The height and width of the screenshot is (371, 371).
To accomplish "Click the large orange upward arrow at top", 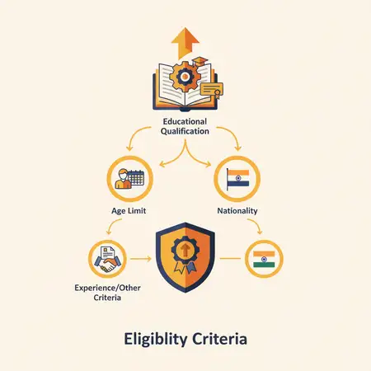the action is click(185, 43).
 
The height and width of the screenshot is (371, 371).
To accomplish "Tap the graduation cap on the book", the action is click(200, 62).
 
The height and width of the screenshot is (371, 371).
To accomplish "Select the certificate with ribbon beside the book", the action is click(212, 90).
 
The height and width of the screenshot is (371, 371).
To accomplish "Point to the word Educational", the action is click(185, 121).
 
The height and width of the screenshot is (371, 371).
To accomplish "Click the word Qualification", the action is click(185, 131).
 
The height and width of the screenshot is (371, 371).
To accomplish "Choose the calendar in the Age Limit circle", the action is click(136, 178).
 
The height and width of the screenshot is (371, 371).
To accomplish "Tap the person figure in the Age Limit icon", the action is click(123, 179).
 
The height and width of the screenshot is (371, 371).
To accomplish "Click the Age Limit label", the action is click(129, 211).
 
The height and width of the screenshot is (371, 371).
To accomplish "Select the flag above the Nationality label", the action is click(237, 179).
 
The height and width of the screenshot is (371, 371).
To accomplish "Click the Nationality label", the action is click(237, 211).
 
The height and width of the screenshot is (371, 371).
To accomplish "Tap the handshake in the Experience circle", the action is click(108, 264).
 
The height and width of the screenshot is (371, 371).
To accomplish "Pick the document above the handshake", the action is click(107, 253).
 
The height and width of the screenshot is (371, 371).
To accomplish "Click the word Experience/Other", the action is click(107, 288).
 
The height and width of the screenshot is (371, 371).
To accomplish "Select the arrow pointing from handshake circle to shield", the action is click(141, 259).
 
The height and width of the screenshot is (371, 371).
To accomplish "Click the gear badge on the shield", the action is click(185, 250).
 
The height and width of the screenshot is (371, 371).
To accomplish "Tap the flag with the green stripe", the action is click(264, 259).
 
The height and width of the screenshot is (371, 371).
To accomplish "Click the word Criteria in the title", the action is click(219, 339).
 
